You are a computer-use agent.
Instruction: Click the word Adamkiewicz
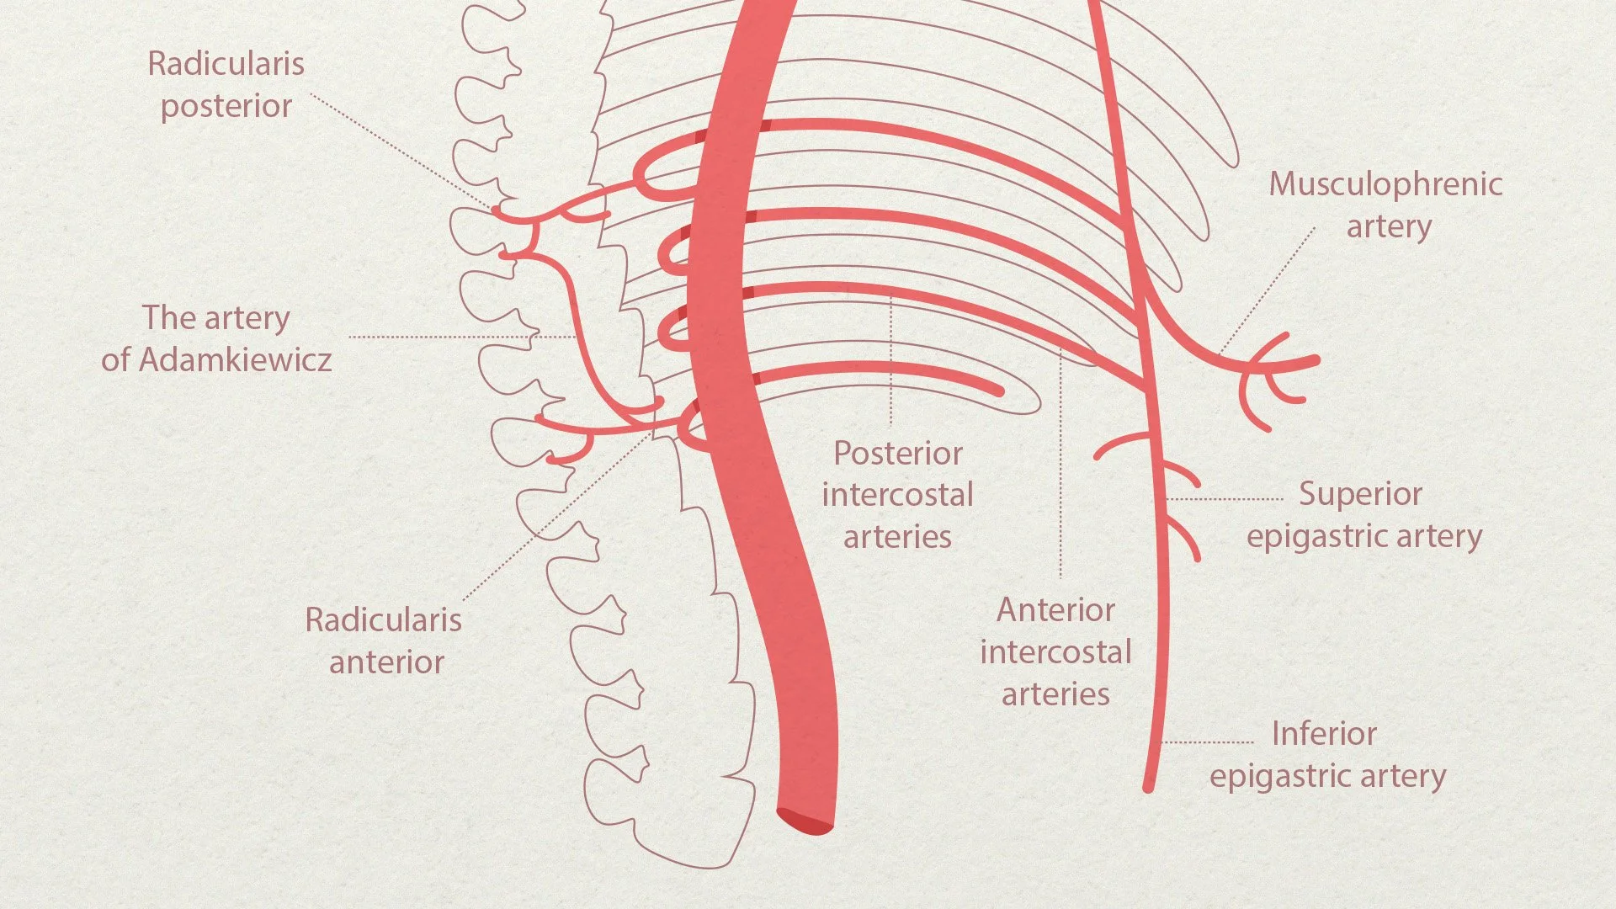click(235, 360)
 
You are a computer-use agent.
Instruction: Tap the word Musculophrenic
click(1385, 184)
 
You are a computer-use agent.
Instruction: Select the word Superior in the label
click(1360, 494)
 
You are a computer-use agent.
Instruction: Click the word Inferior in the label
click(1324, 734)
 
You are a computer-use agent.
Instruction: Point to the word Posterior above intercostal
click(898, 454)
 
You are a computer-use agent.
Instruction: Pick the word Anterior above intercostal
click(1055, 610)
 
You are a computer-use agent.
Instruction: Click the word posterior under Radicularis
click(226, 107)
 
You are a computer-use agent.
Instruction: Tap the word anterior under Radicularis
click(386, 663)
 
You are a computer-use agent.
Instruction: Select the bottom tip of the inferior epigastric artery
click(1148, 786)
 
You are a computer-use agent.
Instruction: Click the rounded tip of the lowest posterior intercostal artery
click(998, 390)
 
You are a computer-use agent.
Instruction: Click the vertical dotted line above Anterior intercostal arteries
click(1060, 463)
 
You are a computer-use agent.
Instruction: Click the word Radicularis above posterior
click(226, 64)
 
